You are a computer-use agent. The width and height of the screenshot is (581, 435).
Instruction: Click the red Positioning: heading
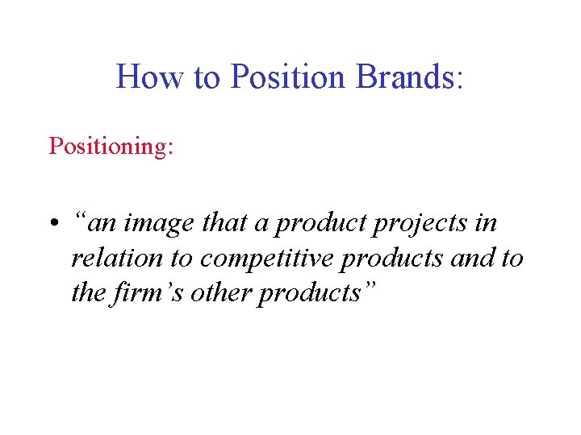[111, 147]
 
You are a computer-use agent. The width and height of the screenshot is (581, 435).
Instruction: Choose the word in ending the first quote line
[486, 223]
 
